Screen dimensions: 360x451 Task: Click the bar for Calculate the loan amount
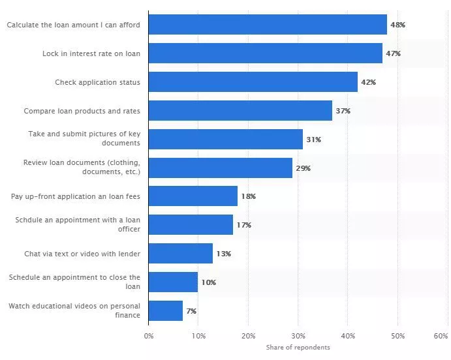pyautogui.click(x=268, y=25)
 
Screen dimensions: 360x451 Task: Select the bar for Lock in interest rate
pyautogui.click(x=265, y=53)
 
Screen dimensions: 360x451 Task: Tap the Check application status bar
pyautogui.click(x=253, y=82)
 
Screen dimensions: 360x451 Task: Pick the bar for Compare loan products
pyautogui.click(x=240, y=111)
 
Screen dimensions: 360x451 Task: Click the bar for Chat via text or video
pyautogui.click(x=181, y=253)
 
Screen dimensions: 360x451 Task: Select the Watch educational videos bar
pyautogui.click(x=166, y=310)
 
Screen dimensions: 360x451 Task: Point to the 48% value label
pyautogui.click(x=397, y=25)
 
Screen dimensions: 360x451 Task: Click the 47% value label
pyautogui.click(x=393, y=53)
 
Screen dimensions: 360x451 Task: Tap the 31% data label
pyautogui.click(x=313, y=140)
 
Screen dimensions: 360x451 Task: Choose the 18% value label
pyautogui.click(x=248, y=196)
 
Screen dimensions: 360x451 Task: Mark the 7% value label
pyautogui.click(x=191, y=311)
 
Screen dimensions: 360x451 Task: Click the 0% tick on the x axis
pyautogui.click(x=149, y=336)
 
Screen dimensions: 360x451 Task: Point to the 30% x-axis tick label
pyautogui.click(x=298, y=336)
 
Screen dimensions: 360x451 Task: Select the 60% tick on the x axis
pyautogui.click(x=441, y=336)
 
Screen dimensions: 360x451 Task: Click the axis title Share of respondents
pyautogui.click(x=298, y=348)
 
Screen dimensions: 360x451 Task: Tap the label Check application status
pyautogui.click(x=98, y=82)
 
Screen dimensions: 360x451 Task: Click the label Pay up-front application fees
pyautogui.click(x=76, y=196)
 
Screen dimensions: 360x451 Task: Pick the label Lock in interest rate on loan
pyautogui.click(x=91, y=53)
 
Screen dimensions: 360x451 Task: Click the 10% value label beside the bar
pyautogui.click(x=208, y=282)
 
